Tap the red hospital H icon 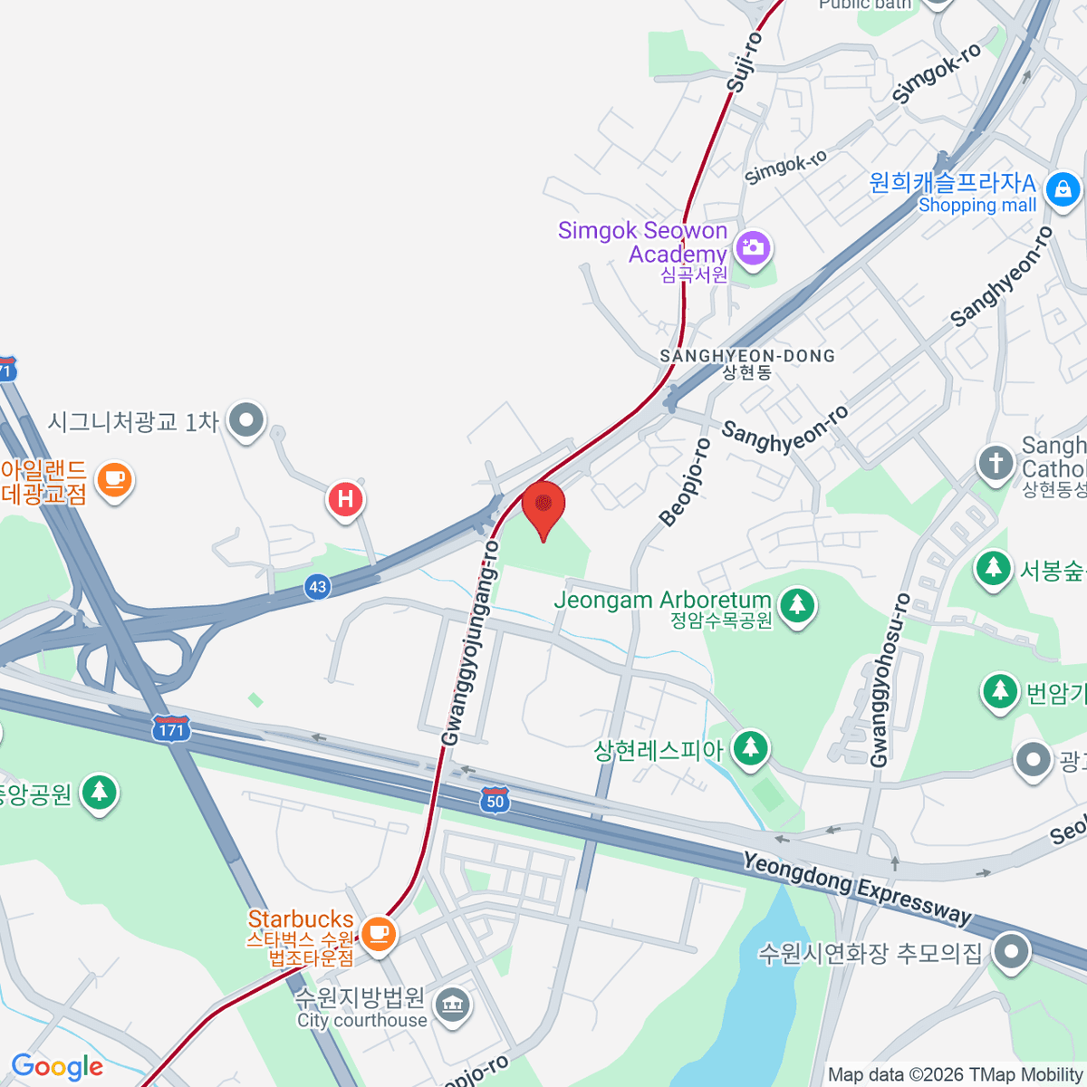(x=345, y=499)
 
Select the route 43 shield (x=317, y=587)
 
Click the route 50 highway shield (x=495, y=801)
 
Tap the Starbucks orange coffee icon (x=378, y=932)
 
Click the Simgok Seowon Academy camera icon (x=753, y=246)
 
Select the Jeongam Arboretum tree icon (x=797, y=604)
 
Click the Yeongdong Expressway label (x=856, y=888)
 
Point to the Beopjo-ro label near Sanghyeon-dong (x=686, y=482)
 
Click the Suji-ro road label (x=744, y=63)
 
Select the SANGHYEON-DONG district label (x=747, y=356)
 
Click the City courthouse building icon (x=451, y=1005)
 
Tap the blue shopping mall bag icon (x=1062, y=190)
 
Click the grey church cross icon (x=996, y=463)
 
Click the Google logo (x=57, y=1067)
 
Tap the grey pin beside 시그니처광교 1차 (x=245, y=420)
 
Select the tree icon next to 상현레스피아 (x=750, y=748)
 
